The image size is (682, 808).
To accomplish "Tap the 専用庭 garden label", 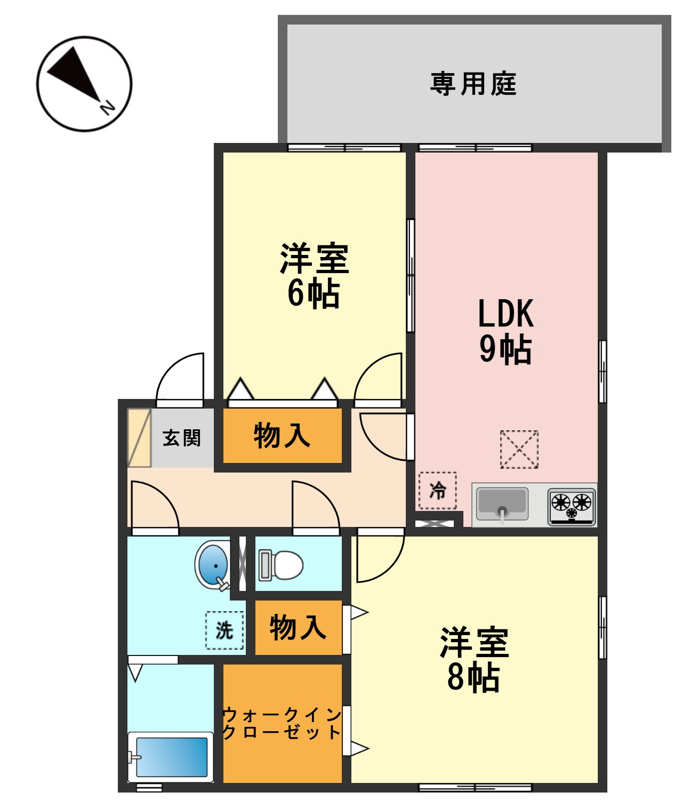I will point(473,84).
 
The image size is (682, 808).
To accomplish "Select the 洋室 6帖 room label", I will point(314,276).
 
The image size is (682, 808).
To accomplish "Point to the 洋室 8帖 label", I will point(474,660).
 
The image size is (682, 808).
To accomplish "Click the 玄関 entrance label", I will point(182,438).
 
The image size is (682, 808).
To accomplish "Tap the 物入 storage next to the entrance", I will point(282,436).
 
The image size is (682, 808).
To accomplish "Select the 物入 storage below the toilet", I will point(298,627).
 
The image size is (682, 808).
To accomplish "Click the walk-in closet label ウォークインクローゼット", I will point(282,723).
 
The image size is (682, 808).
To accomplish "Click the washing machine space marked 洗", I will point(224,630).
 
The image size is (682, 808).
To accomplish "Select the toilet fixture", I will point(281,565).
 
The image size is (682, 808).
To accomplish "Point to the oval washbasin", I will point(213,565).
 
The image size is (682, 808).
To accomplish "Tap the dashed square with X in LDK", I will point(519,450).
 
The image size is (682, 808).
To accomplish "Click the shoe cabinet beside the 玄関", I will point(139,438).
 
